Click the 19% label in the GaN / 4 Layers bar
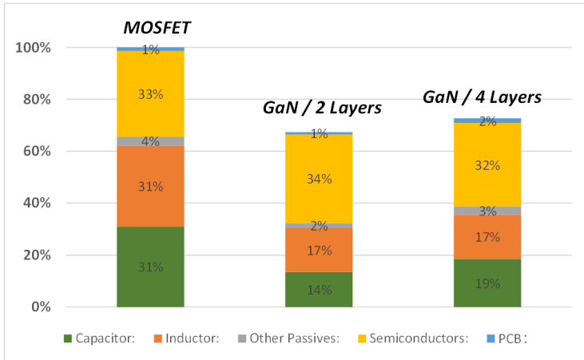tap(487, 283)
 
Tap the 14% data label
tap(319, 291)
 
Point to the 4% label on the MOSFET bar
tap(150, 141)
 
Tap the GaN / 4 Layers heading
tap(482, 97)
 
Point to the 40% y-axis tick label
tap(37, 204)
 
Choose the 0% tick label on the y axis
tap(40, 307)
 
